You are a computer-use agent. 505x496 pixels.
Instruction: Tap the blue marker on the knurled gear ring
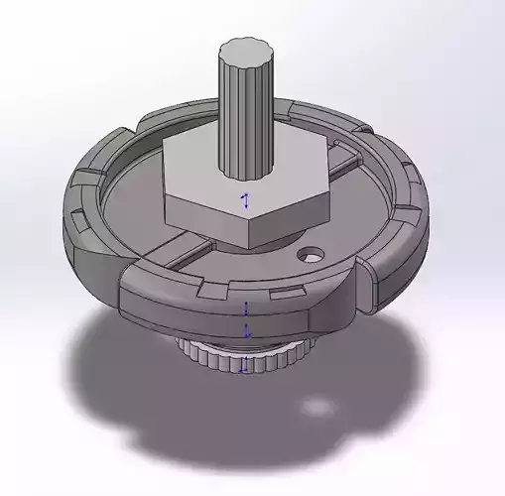click(x=243, y=367)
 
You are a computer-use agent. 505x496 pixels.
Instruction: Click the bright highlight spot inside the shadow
click(x=316, y=406)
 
